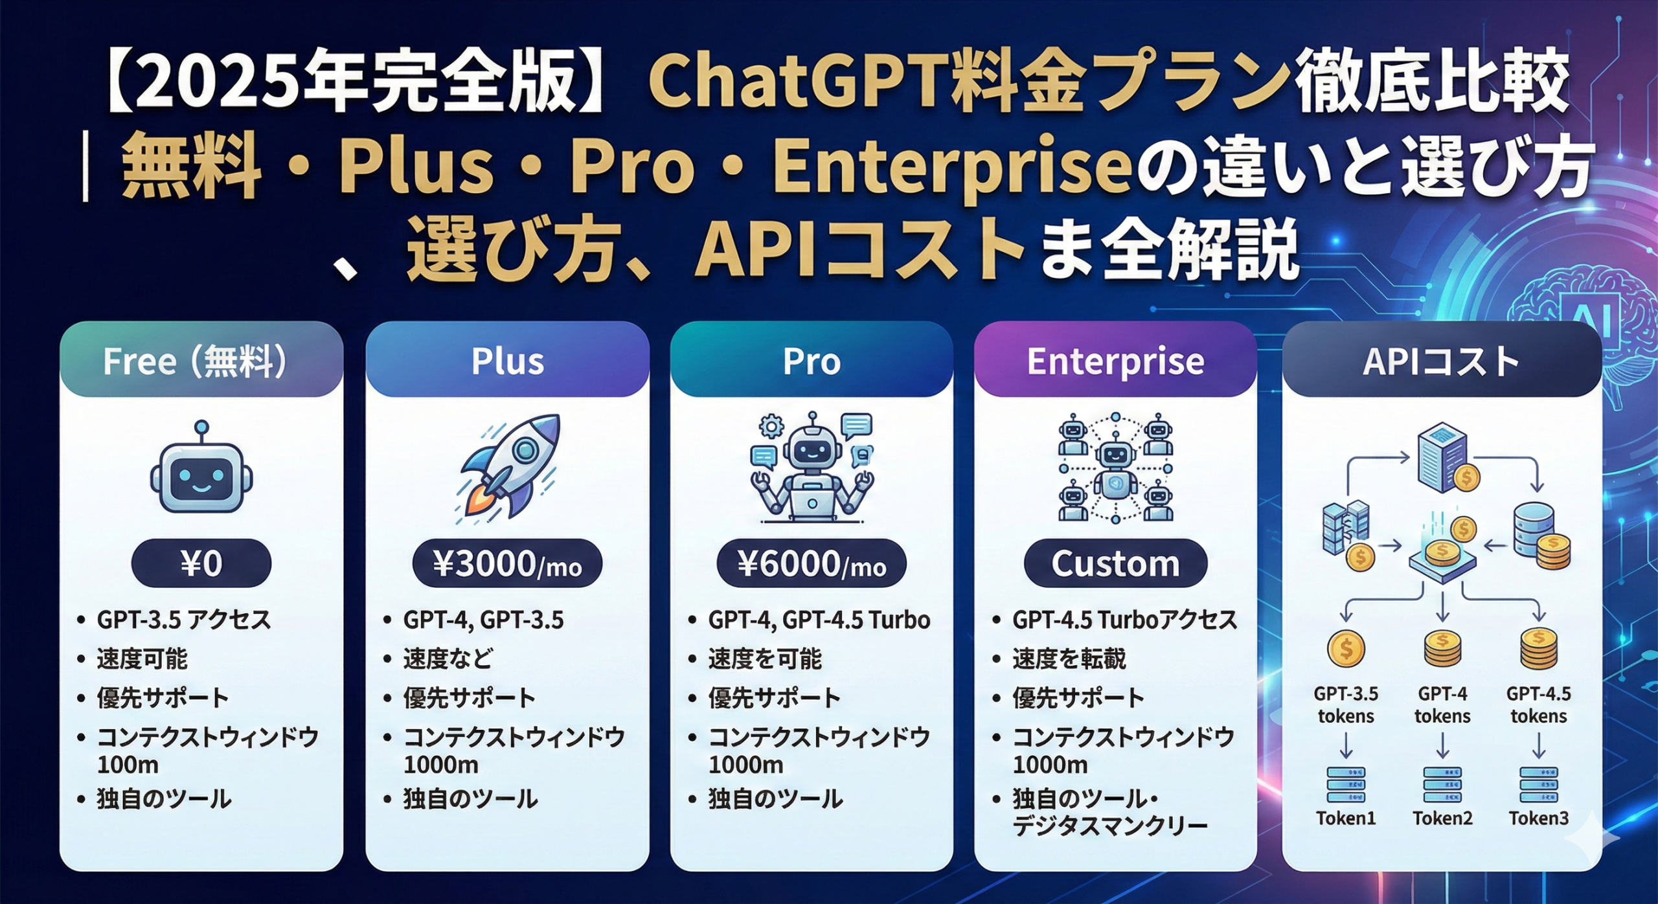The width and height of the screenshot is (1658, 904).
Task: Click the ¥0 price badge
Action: pyautogui.click(x=201, y=563)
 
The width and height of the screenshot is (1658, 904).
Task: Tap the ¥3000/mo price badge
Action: pyautogui.click(x=507, y=563)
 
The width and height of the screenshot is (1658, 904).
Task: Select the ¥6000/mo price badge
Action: pyautogui.click(x=812, y=563)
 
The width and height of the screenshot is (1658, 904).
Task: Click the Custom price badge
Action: pyautogui.click(x=1115, y=563)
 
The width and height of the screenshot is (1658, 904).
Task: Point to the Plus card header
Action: pyautogui.click(x=507, y=361)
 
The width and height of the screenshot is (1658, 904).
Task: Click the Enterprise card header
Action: pyautogui.click(x=1115, y=361)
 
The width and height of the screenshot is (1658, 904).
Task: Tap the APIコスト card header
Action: pyautogui.click(x=1441, y=361)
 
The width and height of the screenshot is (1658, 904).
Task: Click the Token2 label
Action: pyautogui.click(x=1442, y=819)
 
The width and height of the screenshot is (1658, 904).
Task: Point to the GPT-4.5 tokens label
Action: pyautogui.click(x=1538, y=705)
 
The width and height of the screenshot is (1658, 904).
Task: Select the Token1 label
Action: pyautogui.click(x=1346, y=819)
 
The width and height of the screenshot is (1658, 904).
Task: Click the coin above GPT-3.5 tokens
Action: pyautogui.click(x=1346, y=649)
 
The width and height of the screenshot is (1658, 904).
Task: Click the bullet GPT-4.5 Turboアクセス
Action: pyautogui.click(x=1124, y=620)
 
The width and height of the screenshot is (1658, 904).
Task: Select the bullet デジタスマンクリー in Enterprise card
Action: pyautogui.click(x=1109, y=826)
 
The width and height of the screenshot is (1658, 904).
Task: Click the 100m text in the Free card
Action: pyautogui.click(x=128, y=765)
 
